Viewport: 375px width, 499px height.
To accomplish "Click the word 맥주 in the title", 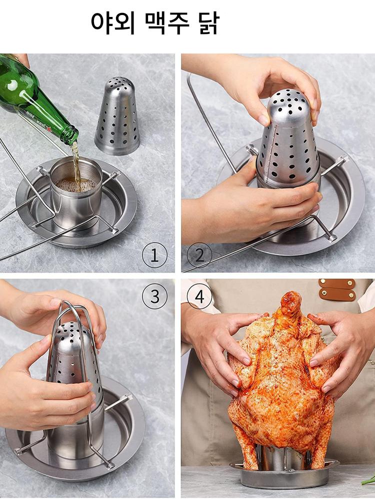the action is point(167,23).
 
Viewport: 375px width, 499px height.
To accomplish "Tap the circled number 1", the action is point(154,255).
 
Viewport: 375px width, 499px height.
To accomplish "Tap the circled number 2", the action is point(199,255).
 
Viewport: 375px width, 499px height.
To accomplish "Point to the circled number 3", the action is point(154,296).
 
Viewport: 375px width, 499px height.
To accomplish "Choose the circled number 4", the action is point(199,296).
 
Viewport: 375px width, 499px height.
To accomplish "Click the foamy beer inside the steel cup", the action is point(76,185).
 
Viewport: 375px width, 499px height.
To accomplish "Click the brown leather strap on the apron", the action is point(337,289).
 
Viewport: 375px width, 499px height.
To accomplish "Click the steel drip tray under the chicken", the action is point(284,478).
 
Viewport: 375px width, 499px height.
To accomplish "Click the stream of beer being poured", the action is point(76,162).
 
